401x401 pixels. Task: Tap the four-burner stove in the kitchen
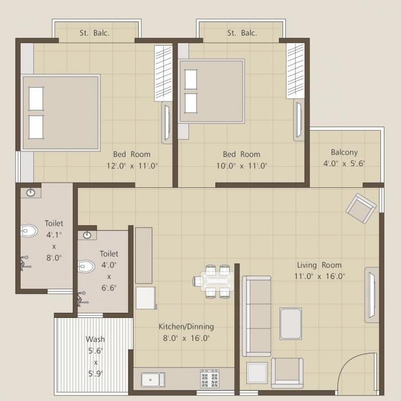(x=209, y=379)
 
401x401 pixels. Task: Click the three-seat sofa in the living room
(x=257, y=316)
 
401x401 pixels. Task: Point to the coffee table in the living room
(x=290, y=324)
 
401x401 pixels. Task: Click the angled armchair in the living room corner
(x=361, y=209)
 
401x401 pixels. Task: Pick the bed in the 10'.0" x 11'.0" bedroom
(x=211, y=91)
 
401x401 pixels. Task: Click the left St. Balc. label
(x=94, y=33)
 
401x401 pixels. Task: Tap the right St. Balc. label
(x=242, y=33)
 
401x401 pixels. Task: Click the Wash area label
(x=95, y=339)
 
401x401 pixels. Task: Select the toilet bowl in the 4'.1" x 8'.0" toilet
(x=29, y=231)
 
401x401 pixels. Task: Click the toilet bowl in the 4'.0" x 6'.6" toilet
(x=86, y=266)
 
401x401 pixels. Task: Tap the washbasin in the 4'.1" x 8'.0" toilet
(x=30, y=192)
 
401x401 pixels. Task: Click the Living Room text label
(x=319, y=265)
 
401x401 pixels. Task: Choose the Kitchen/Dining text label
(x=186, y=327)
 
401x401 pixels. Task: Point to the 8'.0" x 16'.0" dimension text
(x=186, y=338)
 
